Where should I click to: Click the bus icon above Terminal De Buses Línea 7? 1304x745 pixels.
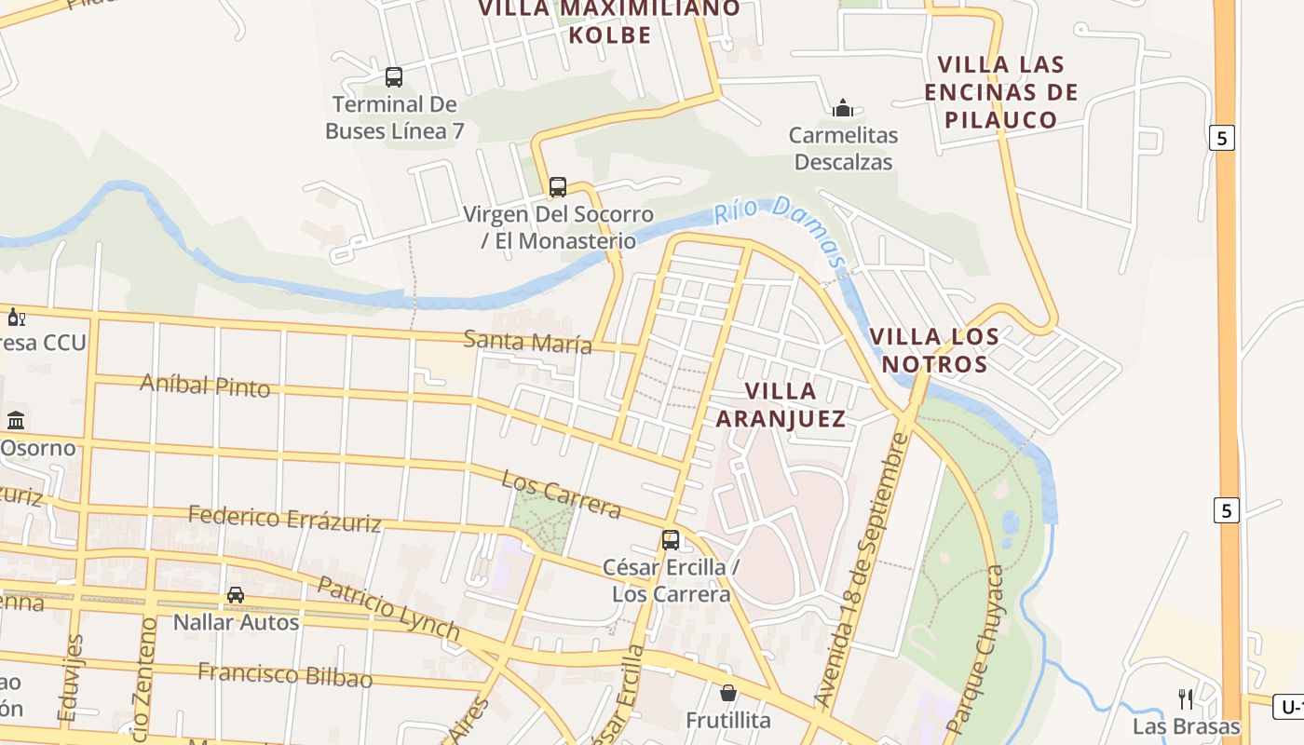(394, 76)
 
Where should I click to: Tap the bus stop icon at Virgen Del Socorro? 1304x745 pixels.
(558, 186)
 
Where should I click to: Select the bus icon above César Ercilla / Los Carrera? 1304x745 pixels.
(671, 539)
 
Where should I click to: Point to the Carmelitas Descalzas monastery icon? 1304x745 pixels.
(843, 108)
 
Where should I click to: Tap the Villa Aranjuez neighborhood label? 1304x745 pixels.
(781, 404)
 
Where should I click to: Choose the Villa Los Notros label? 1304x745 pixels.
(934, 349)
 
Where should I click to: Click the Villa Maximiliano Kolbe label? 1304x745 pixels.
(609, 21)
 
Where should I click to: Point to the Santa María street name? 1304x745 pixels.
(527, 342)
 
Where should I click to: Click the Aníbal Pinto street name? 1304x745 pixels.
(205, 385)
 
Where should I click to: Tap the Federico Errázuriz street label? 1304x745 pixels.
(284, 518)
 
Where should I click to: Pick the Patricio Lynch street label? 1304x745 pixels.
(388, 609)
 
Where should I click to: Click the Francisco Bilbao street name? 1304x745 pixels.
(284, 674)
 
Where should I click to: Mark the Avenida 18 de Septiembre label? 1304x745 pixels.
(859, 568)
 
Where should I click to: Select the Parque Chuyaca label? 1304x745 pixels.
(977, 647)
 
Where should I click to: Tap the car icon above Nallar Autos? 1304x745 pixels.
(236, 594)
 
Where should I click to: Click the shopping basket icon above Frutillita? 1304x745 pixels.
(728, 693)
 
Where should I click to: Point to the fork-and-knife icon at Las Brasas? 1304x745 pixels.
(1186, 698)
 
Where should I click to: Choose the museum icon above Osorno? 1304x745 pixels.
(16, 420)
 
